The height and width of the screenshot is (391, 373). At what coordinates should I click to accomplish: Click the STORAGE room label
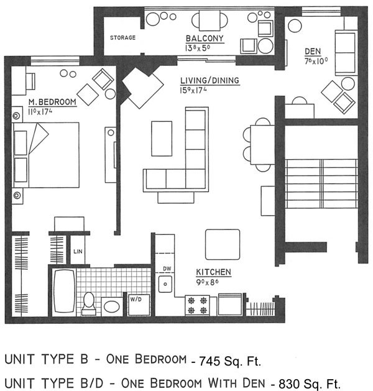pos(123,38)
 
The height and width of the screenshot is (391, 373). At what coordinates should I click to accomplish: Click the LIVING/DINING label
pos(201,81)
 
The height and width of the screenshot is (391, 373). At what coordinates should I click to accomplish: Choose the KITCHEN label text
pos(214,272)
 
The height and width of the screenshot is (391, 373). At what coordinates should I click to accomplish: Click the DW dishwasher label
pos(166,269)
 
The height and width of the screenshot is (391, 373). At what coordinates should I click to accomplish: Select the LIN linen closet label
pos(78,252)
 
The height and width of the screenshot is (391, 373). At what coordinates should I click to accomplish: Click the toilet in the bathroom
pos(90,301)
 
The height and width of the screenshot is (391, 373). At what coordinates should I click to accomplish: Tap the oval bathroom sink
pos(111,306)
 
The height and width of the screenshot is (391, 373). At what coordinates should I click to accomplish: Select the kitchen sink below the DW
pos(166,285)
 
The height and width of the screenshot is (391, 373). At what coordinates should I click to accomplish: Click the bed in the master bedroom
pos(46,155)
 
